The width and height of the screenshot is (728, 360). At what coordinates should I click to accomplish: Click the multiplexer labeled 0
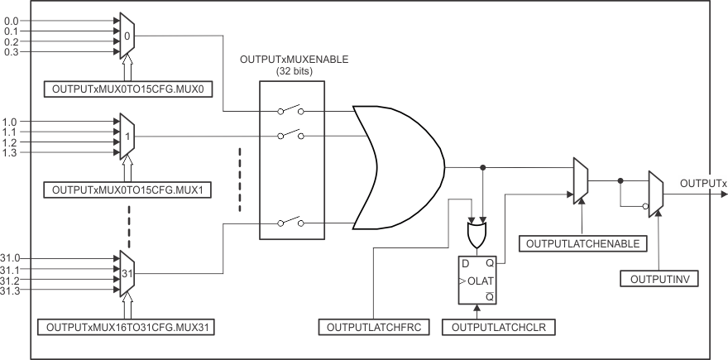click(127, 36)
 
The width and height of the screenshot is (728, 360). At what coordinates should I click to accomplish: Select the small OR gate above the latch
click(477, 237)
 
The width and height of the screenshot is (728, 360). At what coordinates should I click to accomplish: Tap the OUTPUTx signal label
click(702, 182)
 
